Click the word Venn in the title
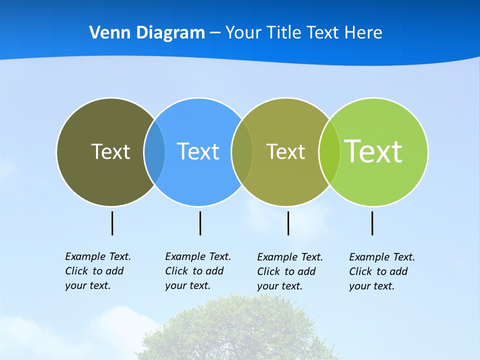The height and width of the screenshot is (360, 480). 105,33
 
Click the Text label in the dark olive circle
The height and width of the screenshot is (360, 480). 110,151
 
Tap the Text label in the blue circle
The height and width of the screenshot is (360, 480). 198,151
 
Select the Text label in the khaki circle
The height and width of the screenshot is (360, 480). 285,151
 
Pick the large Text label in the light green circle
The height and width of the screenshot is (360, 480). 373,151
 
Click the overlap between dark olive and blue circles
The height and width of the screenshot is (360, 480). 154,151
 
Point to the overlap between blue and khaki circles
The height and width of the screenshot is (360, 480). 242,151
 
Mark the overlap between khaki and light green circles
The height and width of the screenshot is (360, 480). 329,151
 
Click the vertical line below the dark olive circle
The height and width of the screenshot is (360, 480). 112,223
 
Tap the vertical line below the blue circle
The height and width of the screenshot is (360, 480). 200,223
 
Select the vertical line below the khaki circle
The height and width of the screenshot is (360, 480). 288,223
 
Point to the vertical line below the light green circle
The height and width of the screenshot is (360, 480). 372,223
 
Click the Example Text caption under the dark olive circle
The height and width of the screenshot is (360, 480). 97,271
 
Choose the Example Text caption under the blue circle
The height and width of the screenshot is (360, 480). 197,271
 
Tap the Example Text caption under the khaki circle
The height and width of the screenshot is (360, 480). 289,271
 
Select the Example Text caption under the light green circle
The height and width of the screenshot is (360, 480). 381,271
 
